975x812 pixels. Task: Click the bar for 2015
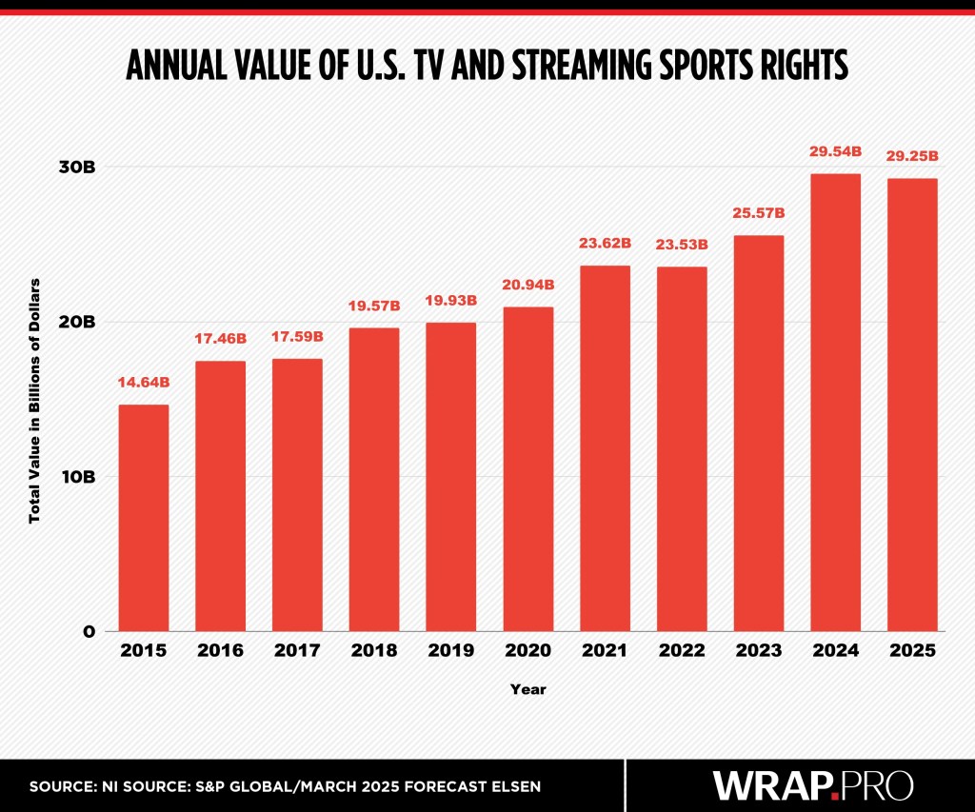(x=143, y=518)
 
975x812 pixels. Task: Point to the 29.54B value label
(x=835, y=150)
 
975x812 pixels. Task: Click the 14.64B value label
(x=144, y=383)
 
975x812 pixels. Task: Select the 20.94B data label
(x=527, y=285)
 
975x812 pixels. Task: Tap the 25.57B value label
(x=758, y=213)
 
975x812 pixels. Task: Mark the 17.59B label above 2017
(x=297, y=337)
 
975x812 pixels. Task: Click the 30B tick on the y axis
(x=76, y=167)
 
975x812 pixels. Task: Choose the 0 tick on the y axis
(x=88, y=631)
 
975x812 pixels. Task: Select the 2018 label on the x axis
(x=374, y=651)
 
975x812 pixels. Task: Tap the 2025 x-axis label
(x=912, y=651)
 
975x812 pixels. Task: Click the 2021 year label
(x=605, y=651)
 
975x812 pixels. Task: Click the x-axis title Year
(x=527, y=688)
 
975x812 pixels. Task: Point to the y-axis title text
(x=35, y=400)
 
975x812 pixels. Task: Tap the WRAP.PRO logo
(x=813, y=785)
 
